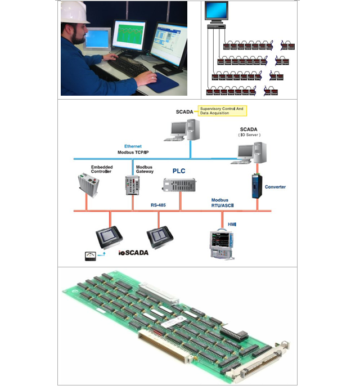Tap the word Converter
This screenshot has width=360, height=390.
click(x=275, y=187)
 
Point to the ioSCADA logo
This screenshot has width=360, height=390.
click(x=133, y=253)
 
